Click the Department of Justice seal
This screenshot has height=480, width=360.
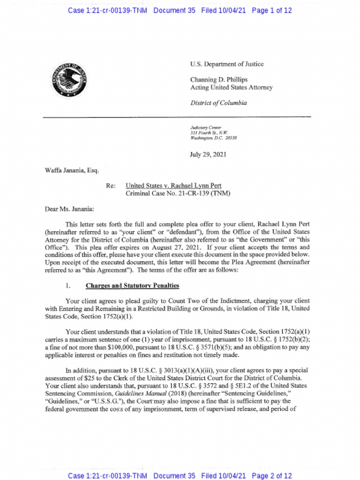click(x=70, y=80)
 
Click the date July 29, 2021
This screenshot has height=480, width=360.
click(x=208, y=155)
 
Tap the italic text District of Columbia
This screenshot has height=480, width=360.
click(x=218, y=103)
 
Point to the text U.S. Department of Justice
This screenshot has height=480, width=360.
click(x=227, y=64)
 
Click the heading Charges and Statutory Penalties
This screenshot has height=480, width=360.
click(x=132, y=285)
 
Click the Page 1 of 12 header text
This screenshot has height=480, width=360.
click(x=272, y=10)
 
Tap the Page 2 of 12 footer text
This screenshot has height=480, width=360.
click(x=272, y=476)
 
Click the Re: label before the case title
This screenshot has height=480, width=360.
click(x=111, y=186)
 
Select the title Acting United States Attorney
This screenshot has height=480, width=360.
click(x=231, y=88)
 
